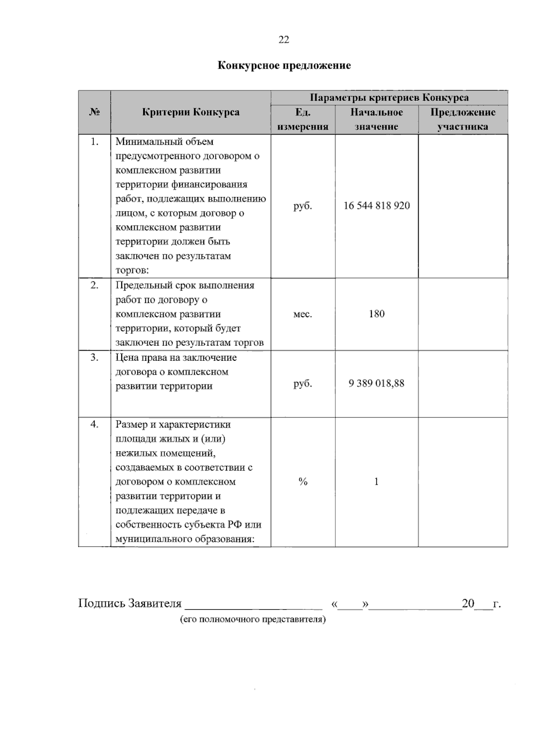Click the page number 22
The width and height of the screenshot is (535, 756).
coord(284,40)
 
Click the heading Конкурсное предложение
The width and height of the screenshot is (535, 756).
coord(284,65)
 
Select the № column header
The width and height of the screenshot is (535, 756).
coord(95,112)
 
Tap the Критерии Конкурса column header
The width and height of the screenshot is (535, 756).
coord(190,112)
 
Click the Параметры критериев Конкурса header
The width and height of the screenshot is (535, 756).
coord(389,98)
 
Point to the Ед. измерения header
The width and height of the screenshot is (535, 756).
coord(303,119)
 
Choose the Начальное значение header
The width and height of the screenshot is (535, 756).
coord(376,119)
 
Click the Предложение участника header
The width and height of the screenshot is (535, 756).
coord(462,119)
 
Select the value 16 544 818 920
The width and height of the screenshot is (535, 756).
coord(376,206)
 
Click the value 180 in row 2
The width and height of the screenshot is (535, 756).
coord(376,314)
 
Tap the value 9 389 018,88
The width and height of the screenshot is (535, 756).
coord(376,384)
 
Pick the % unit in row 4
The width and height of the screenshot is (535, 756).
coord(303,482)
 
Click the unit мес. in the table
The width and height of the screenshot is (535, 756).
coord(303,314)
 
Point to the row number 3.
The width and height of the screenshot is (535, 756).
coord(95,357)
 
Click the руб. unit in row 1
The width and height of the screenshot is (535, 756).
coord(303,206)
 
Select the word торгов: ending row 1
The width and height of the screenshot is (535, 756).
coord(132,270)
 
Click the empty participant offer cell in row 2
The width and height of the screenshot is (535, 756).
coord(462,314)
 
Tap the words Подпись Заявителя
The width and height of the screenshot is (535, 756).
coord(130,604)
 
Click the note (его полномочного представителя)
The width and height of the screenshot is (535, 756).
coord(253,619)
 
